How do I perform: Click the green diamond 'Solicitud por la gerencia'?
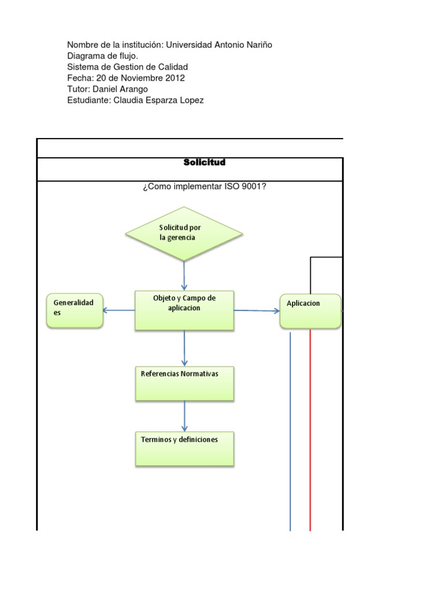(184, 234)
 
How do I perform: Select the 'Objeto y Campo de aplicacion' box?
(184, 310)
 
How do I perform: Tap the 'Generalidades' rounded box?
(75, 310)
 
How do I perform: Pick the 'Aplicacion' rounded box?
(310, 311)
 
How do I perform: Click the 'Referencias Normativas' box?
(184, 383)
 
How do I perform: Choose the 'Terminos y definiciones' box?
(184, 448)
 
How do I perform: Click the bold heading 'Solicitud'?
(204, 162)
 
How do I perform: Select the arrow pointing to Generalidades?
(119, 310)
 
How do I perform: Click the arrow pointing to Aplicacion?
(257, 310)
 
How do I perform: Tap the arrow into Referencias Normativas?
(184, 348)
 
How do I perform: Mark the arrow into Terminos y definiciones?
(184, 415)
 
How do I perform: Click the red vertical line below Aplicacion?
(310, 429)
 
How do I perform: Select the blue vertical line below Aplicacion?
(290, 429)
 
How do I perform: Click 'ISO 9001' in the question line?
(244, 187)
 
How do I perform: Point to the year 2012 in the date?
(175, 78)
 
